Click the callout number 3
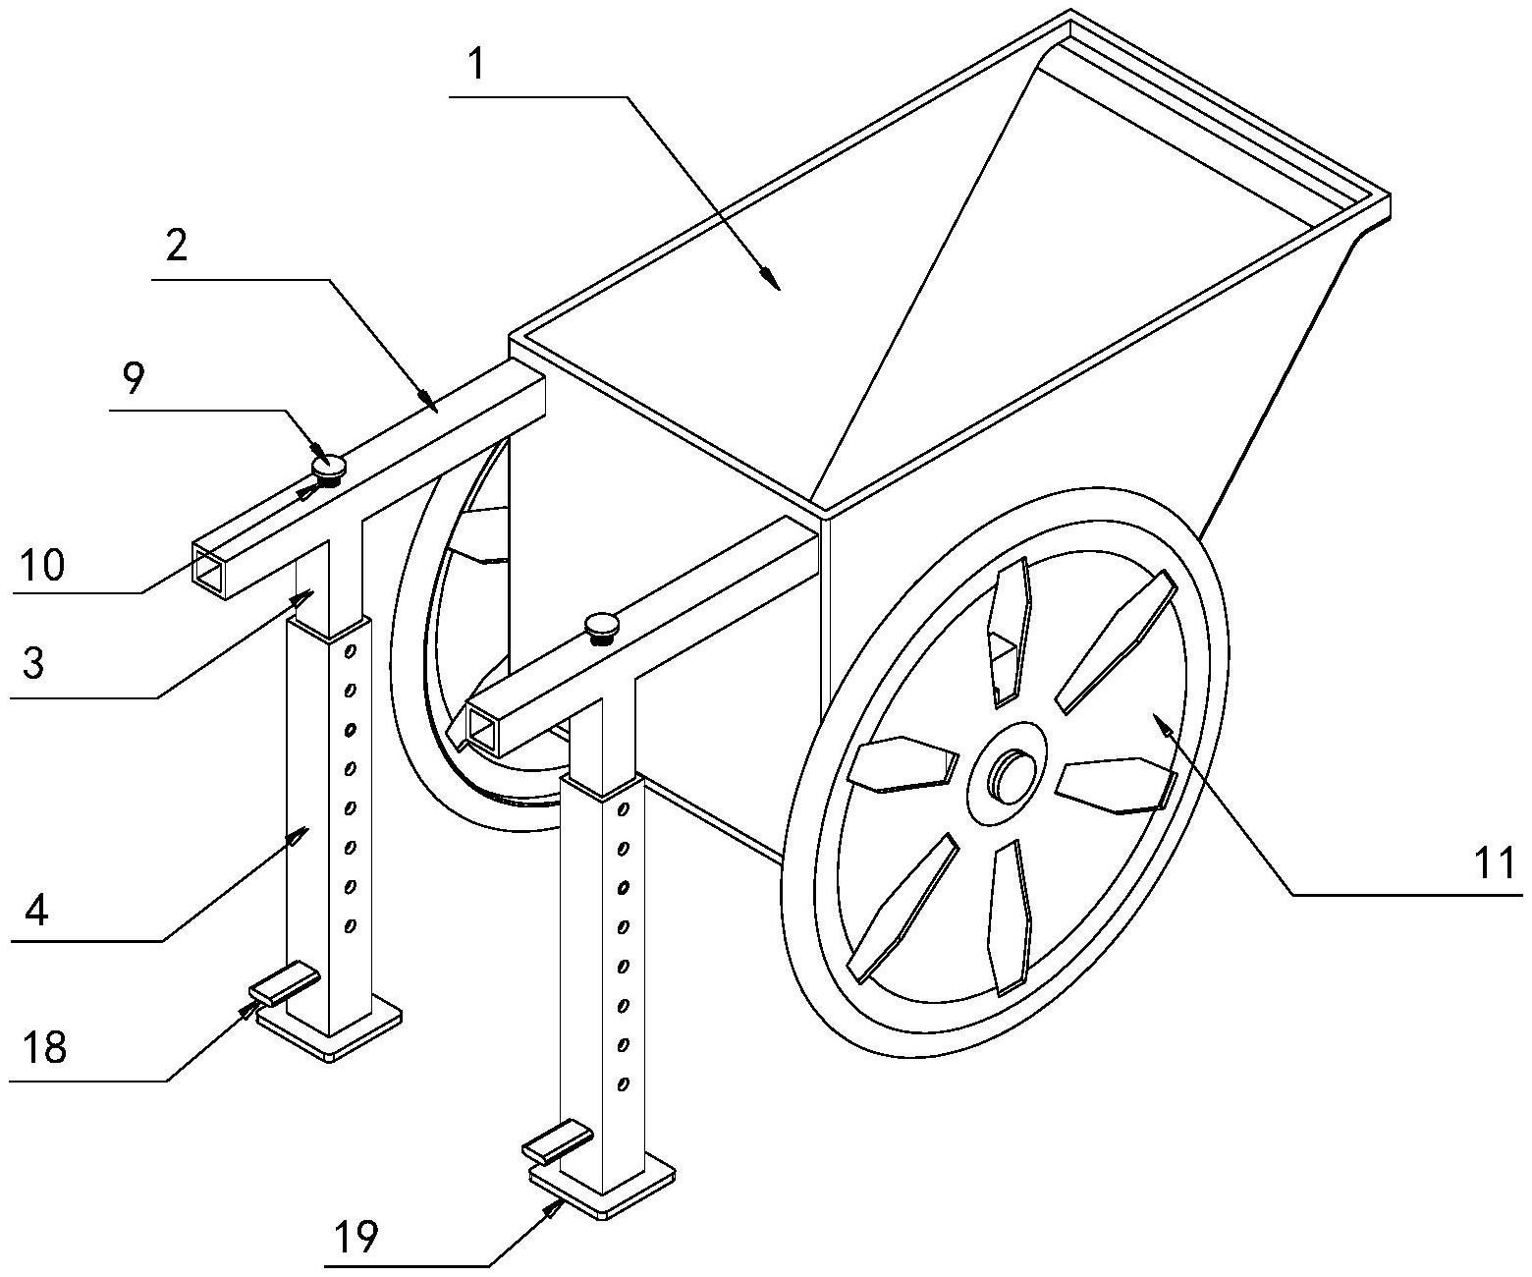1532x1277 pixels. [x=32, y=664]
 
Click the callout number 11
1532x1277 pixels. [x=1495, y=864]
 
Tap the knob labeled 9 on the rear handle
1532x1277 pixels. [x=329, y=465]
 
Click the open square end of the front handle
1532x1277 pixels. [x=482, y=732]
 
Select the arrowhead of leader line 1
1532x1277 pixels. [x=774, y=282]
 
